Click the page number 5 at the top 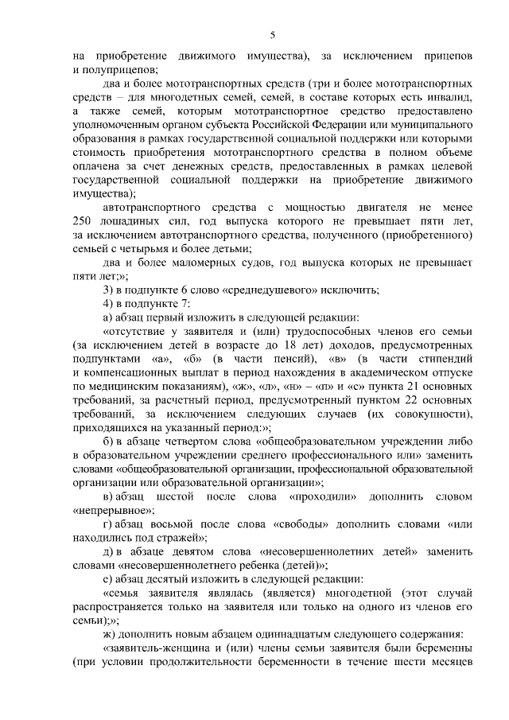coord(272,35)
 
